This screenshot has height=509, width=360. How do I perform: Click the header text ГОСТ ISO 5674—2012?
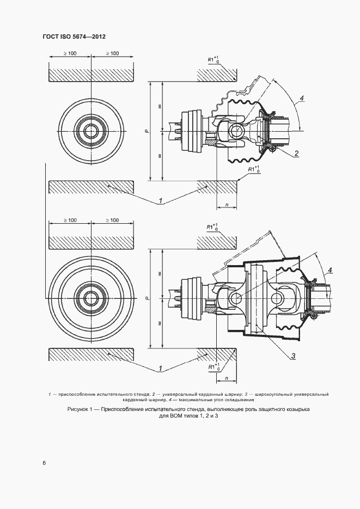pyautogui.click(x=74, y=36)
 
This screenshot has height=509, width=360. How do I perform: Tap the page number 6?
pyautogui.click(x=44, y=463)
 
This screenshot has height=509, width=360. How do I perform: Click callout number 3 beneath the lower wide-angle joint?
pyautogui.click(x=292, y=357)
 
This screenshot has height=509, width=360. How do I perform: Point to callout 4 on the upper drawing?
pyautogui.click(x=301, y=99)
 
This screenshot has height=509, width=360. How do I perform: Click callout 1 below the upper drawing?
pyautogui.click(x=161, y=201)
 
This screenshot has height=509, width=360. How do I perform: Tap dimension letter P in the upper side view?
pyautogui.click(x=148, y=132)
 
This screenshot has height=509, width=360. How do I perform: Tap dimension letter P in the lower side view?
pyautogui.click(x=148, y=298)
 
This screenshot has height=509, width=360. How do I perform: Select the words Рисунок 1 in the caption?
pyautogui.click(x=81, y=409)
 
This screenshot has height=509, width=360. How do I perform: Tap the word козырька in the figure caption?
pyautogui.click(x=296, y=409)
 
